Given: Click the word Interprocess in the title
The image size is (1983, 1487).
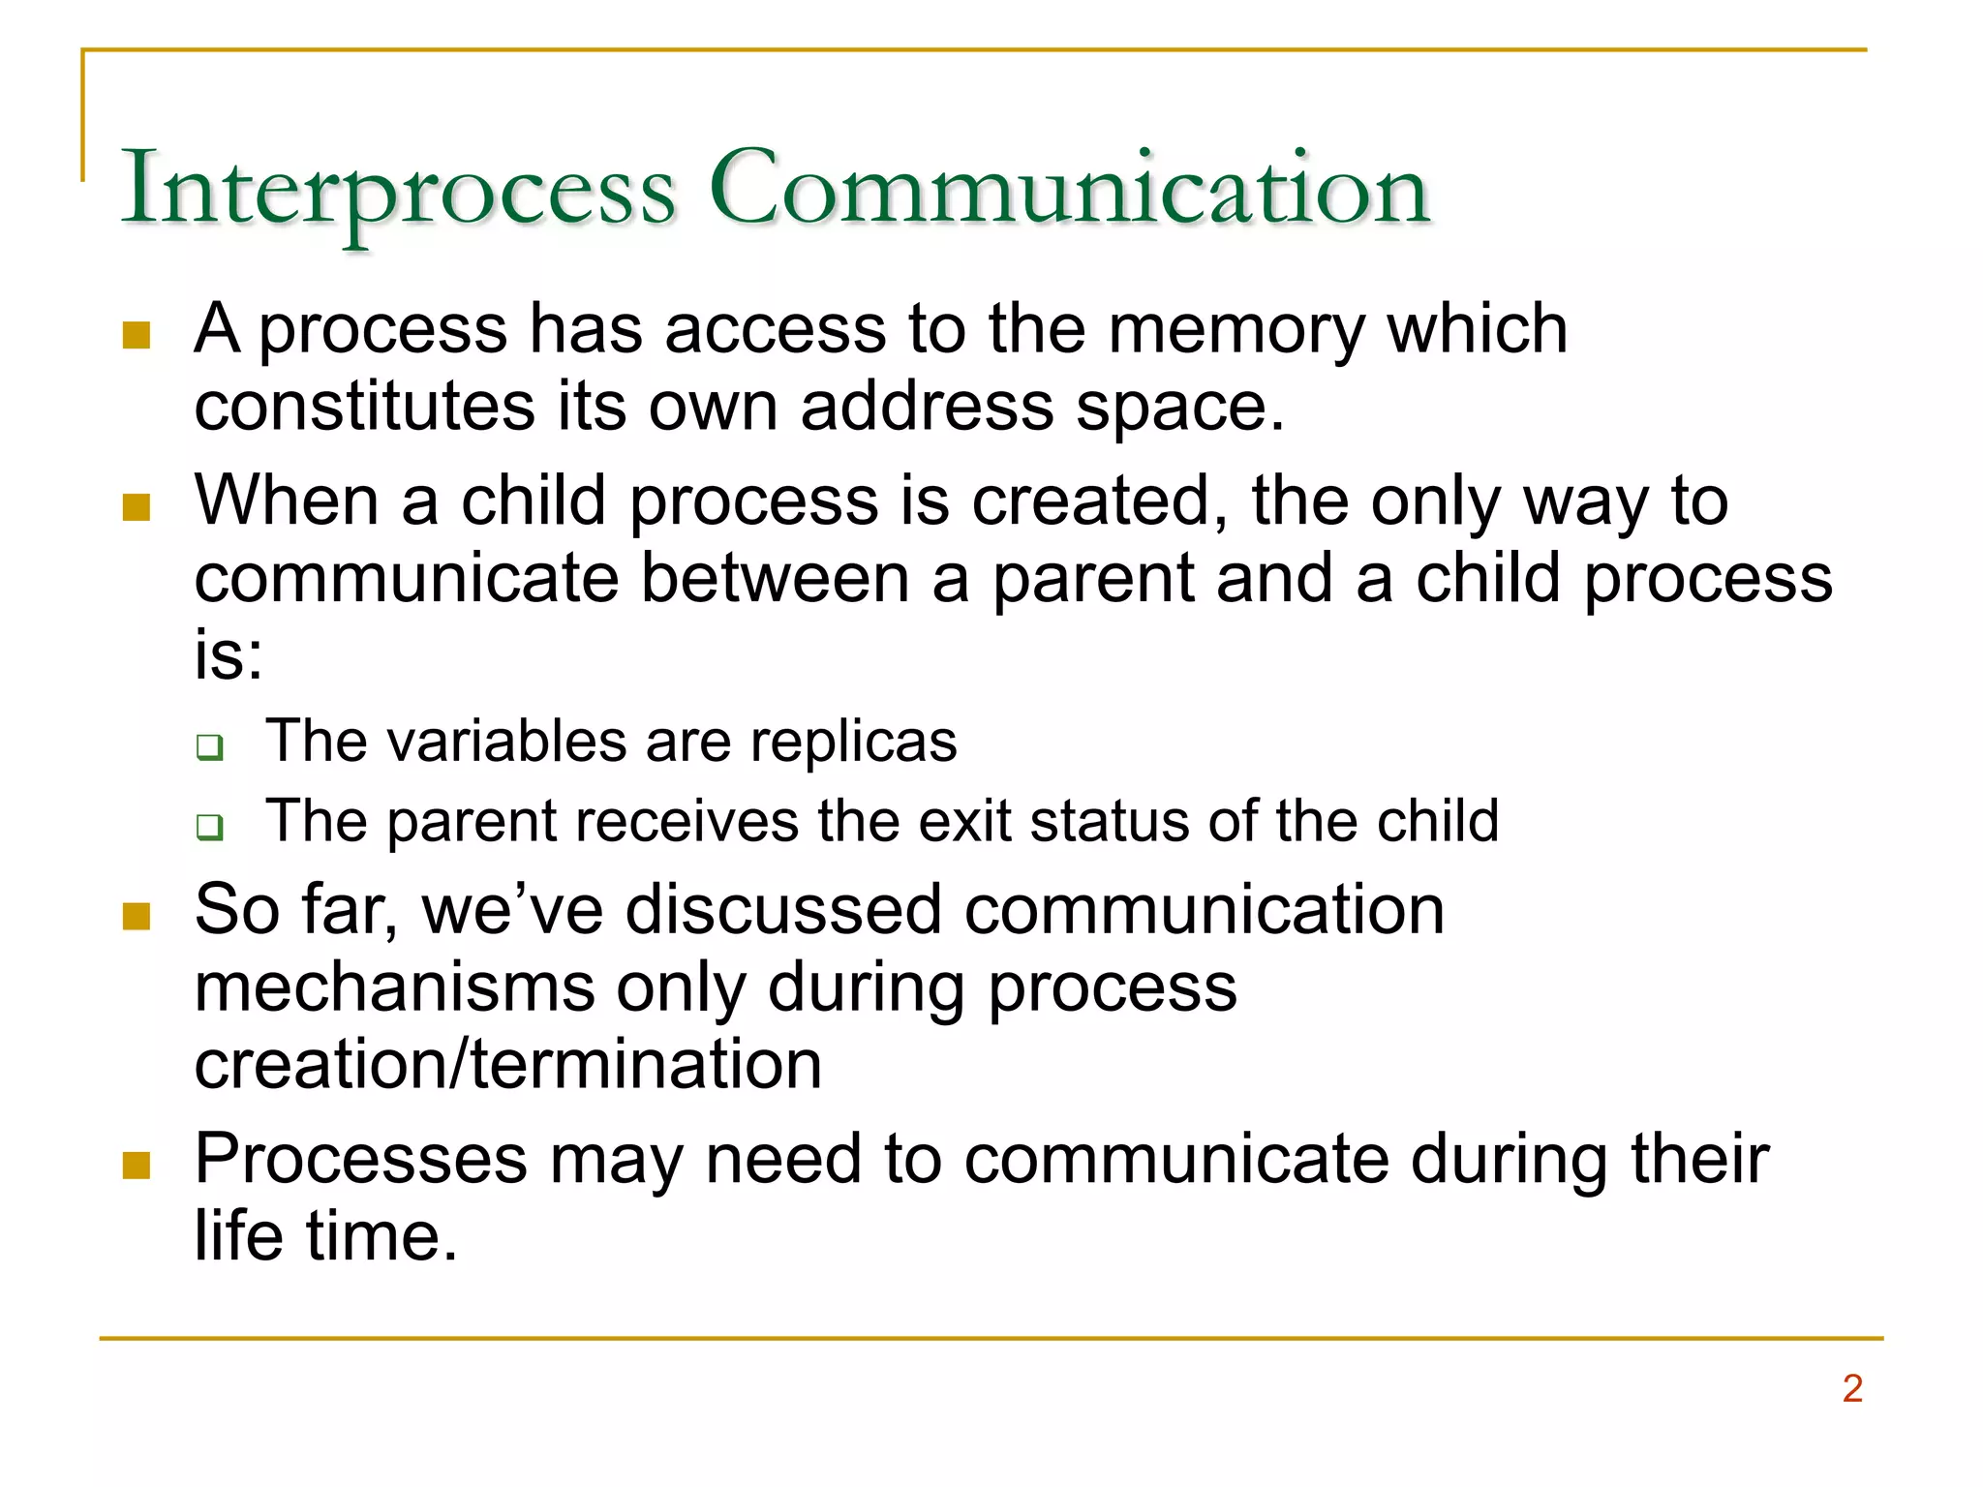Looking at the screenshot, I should [x=398, y=190].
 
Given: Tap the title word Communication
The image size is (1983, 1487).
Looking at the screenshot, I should [x=1069, y=190].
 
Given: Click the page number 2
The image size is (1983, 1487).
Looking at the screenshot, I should [x=1851, y=1388].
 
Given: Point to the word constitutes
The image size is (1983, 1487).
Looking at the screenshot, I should [x=364, y=406].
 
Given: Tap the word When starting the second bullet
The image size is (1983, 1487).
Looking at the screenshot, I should [x=287, y=501].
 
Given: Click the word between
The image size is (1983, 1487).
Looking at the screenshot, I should [x=775, y=579].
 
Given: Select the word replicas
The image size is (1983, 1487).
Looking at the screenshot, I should [x=853, y=743].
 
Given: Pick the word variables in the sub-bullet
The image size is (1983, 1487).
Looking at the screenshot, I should [x=506, y=743].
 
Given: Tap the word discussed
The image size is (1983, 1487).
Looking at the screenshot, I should [x=783, y=911].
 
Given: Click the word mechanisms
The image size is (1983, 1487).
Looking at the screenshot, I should [x=394, y=988].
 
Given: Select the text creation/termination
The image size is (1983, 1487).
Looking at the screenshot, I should [x=508, y=1065].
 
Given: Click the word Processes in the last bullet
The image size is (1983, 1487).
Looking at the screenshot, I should [x=361, y=1160].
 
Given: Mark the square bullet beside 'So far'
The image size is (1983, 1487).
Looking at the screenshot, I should [x=137, y=916].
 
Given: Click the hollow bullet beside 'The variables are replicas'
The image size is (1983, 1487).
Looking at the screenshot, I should [x=209, y=747].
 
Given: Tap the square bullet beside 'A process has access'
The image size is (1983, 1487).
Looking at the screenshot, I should [x=137, y=335].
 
